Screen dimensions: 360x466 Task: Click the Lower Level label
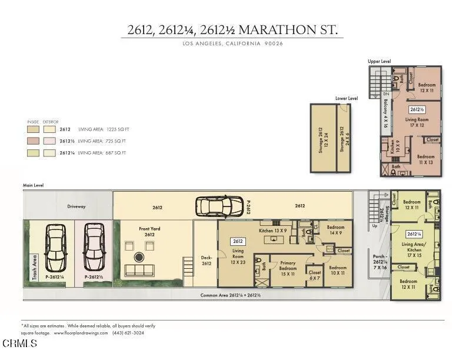347,98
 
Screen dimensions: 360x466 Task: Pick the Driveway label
76,206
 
